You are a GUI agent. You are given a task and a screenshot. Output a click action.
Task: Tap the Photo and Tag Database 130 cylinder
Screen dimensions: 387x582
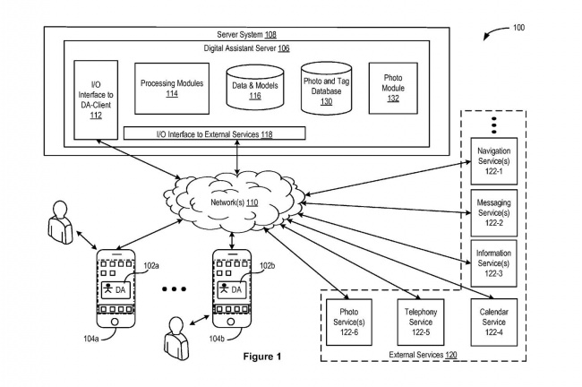coord(326,89)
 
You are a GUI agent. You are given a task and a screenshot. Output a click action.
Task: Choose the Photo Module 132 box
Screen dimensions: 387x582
coord(393,88)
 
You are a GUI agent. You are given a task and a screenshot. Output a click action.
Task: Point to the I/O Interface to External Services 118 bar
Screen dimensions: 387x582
coord(214,133)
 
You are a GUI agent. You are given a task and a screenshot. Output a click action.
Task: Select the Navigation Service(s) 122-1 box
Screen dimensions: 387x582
coord(494,159)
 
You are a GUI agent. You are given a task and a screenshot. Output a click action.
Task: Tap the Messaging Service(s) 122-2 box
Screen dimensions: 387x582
coord(494,213)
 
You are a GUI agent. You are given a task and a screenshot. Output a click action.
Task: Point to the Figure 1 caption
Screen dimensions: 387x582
coord(262,357)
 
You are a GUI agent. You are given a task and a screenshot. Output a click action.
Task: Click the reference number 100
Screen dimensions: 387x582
coord(518,28)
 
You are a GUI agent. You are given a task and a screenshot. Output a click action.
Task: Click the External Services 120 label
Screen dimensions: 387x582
coord(423,355)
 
